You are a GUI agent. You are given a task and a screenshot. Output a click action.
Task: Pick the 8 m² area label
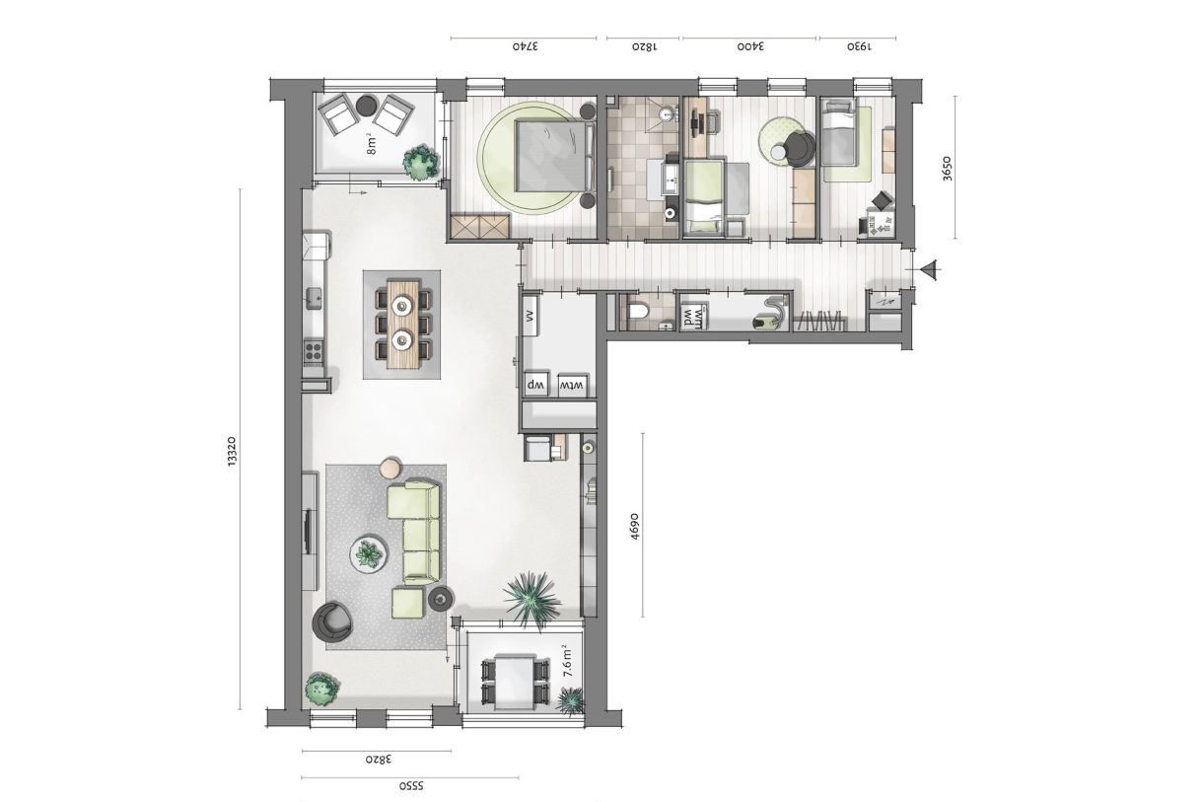(372, 143)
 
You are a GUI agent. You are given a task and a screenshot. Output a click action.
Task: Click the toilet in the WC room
(638, 314)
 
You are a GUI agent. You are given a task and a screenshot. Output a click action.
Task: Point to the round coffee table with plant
(369, 553)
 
